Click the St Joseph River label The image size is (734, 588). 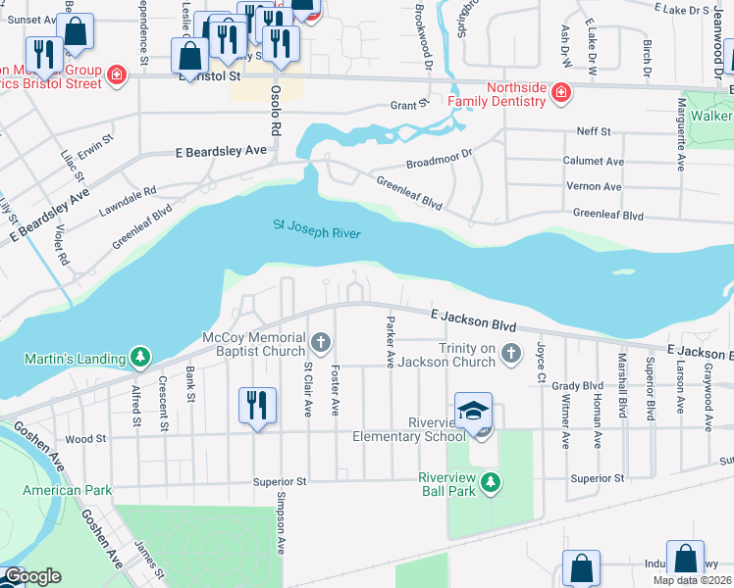[316, 230]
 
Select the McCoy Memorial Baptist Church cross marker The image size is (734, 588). [321, 342]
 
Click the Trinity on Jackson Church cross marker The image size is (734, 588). [509, 352]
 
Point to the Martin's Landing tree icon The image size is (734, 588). [141, 357]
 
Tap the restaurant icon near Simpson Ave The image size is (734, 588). [255, 404]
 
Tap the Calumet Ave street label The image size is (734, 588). [593, 161]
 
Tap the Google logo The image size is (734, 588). [31, 576]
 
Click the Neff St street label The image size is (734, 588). [593, 130]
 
